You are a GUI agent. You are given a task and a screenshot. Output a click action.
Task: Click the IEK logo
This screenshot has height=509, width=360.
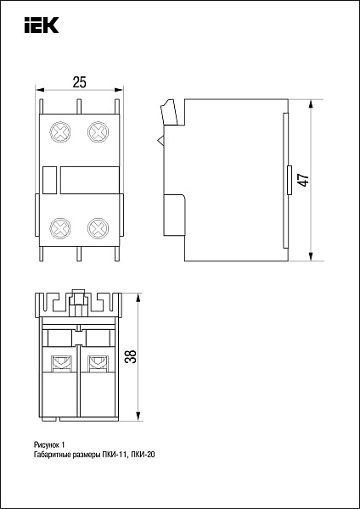(42, 25)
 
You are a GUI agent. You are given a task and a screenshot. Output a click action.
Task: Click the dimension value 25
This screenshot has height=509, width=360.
(79, 82)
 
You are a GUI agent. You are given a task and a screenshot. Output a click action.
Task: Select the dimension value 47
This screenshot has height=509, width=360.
(304, 179)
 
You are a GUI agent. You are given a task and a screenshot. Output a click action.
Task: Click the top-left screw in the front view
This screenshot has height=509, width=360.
(60, 132)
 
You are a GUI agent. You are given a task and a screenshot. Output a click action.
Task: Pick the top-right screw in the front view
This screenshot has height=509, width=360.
(98, 132)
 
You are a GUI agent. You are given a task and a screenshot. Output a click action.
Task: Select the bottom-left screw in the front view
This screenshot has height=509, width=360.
(60, 228)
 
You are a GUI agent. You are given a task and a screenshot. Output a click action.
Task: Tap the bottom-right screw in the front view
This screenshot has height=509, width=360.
(98, 228)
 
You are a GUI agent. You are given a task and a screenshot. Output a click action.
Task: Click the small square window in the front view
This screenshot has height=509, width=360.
(50, 180)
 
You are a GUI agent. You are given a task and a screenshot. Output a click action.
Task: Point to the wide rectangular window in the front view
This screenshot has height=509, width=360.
(90, 180)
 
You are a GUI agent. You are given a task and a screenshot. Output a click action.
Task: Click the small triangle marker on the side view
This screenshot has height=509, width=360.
(160, 141)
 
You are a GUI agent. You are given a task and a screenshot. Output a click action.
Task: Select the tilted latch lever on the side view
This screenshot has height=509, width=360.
(169, 112)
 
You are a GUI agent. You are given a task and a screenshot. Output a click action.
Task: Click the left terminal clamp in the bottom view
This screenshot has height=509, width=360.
(59, 363)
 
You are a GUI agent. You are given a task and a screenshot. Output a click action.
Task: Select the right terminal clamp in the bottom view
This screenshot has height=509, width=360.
(97, 363)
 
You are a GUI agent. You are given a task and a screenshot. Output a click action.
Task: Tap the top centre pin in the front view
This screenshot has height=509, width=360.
(79, 107)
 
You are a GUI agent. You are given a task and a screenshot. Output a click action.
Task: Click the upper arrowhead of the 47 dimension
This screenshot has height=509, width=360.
(311, 104)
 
